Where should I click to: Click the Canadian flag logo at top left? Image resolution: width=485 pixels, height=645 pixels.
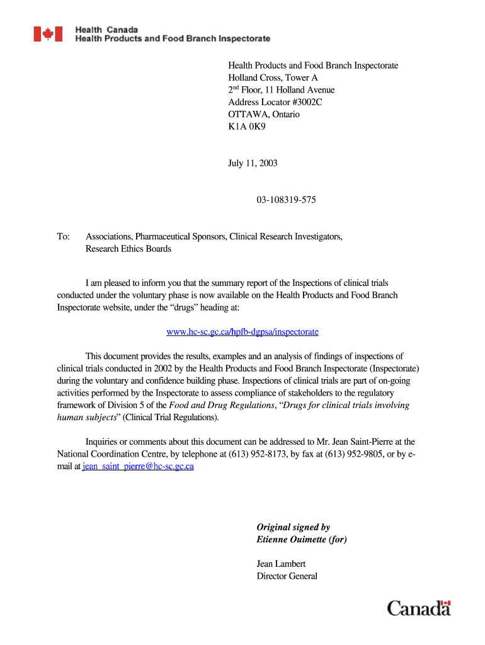tap(48, 34)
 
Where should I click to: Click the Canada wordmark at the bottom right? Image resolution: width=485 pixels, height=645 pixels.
tap(419, 608)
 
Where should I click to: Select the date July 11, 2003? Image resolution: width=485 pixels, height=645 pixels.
tap(253, 163)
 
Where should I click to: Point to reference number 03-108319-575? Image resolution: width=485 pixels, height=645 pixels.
tap(286, 200)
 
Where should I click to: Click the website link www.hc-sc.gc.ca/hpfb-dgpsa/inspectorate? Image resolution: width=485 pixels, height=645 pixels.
tap(242, 331)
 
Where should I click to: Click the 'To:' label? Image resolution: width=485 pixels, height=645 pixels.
tap(63, 237)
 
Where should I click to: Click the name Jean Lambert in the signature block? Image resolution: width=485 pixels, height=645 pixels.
tap(281, 564)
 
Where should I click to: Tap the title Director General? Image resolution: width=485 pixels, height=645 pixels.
tap(287, 576)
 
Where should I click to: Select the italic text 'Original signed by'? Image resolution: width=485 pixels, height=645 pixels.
tap(293, 527)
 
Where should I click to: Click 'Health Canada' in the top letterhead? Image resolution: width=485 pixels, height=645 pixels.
tap(106, 30)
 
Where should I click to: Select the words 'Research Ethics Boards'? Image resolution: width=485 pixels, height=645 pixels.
tap(128, 249)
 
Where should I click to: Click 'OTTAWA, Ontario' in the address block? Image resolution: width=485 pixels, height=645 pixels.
tap(263, 115)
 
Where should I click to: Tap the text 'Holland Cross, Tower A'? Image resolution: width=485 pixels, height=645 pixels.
tap(273, 77)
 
